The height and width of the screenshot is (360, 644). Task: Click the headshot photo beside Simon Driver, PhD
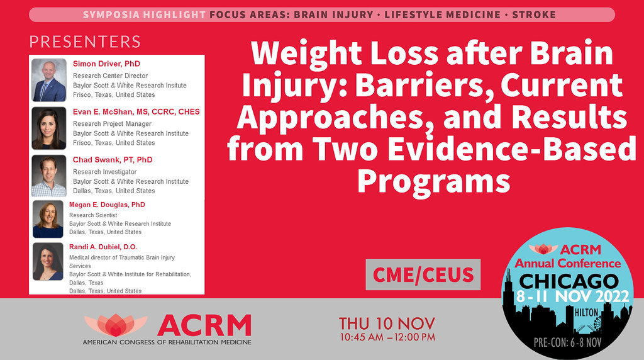[49, 81]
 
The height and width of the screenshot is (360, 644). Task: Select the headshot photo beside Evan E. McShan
[49, 128]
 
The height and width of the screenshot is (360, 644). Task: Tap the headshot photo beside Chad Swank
[49, 176]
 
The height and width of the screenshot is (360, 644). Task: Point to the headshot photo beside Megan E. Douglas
[48, 218]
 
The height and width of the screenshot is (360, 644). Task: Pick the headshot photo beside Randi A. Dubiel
[48, 261]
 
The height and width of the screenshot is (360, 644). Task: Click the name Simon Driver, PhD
[106, 64]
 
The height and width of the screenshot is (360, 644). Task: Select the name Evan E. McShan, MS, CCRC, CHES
[136, 112]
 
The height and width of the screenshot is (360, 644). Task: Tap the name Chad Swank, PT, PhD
[113, 160]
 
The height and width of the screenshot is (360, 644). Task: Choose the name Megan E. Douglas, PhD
[107, 205]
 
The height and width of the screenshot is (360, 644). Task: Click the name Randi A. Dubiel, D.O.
[103, 247]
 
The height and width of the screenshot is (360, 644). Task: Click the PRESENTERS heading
[85, 42]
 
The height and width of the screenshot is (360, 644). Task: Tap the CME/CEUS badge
[423, 274]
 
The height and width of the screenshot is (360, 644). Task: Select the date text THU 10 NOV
[387, 323]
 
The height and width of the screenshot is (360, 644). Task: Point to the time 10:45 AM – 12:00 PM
[387, 337]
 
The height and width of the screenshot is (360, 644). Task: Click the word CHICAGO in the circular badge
[569, 280]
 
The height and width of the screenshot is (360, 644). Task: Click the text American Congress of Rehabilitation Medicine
[167, 342]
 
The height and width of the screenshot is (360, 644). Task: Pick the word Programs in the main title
[433, 181]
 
